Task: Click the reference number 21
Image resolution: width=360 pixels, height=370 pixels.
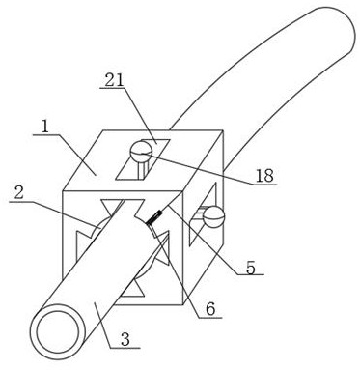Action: (114, 80)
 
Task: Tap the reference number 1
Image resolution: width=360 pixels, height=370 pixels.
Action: (45, 128)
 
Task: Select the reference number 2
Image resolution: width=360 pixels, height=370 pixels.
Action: (19, 193)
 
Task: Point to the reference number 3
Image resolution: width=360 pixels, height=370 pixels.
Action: (125, 339)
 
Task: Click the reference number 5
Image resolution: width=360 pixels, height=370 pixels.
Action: (251, 267)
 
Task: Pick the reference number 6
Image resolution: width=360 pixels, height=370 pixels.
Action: (210, 309)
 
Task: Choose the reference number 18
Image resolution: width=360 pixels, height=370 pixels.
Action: (264, 176)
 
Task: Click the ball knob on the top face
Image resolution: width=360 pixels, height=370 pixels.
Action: (141, 151)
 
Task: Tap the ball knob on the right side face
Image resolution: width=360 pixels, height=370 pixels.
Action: (213, 217)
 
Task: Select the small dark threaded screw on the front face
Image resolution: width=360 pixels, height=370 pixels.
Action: (152, 217)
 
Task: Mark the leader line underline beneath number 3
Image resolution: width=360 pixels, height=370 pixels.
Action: (125, 348)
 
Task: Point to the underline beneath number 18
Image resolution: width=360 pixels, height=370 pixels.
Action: (264, 185)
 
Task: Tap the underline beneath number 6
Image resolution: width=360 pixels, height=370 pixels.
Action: (209, 318)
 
